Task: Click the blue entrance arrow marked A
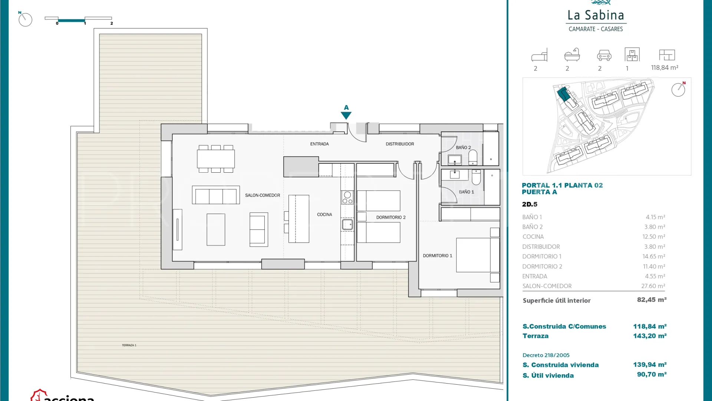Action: point(346,115)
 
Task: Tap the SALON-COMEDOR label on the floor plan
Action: point(263,195)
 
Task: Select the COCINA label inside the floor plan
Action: point(324,215)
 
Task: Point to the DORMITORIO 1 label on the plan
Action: point(438,256)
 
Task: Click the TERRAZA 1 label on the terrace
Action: point(129,345)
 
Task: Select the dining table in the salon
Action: point(216,159)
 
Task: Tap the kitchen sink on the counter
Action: point(347,225)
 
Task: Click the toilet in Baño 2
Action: point(473,157)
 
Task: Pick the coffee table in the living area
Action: point(216,229)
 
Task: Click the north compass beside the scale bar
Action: point(25,19)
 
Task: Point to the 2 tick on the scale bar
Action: point(112,23)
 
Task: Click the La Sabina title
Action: point(596,15)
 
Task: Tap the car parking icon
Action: point(604,55)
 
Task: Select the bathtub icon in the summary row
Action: point(572,55)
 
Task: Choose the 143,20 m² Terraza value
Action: point(650,336)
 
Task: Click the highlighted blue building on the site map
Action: point(564,94)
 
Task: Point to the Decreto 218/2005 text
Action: point(546,355)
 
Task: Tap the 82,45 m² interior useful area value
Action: point(652,300)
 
